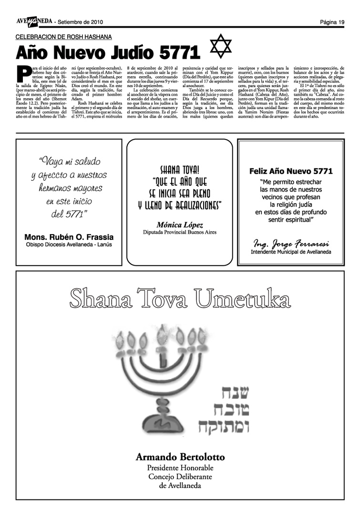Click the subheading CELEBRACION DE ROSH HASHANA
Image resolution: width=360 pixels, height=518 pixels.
(64, 37)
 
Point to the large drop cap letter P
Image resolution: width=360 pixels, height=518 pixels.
(22, 73)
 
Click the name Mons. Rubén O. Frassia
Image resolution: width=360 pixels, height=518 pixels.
(69, 237)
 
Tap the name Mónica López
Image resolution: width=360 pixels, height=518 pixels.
(180, 225)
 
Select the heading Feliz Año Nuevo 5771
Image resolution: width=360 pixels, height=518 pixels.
(291, 171)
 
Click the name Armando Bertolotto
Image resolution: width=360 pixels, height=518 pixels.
(180, 456)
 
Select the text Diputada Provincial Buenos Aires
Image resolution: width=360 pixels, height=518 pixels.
(180, 232)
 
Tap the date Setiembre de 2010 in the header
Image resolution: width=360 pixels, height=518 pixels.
(80, 22)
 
